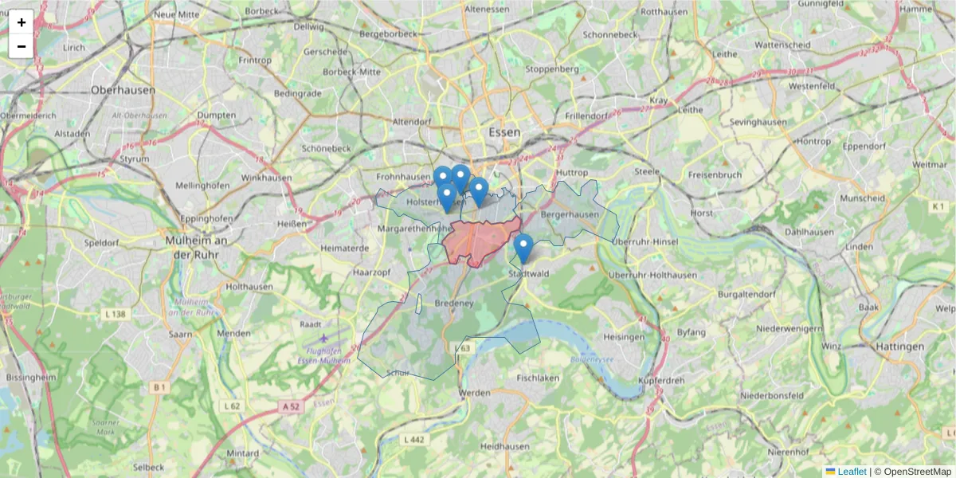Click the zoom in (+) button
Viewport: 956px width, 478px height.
(22, 22)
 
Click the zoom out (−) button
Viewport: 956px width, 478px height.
(22, 46)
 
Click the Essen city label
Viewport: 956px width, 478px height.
(504, 132)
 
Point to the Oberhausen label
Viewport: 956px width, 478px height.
(123, 90)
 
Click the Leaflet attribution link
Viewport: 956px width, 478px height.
(852, 472)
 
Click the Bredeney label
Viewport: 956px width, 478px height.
(455, 304)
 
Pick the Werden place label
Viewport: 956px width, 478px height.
(475, 393)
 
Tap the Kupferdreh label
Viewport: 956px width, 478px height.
(660, 380)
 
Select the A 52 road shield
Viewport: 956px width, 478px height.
(292, 406)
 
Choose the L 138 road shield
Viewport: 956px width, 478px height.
(116, 315)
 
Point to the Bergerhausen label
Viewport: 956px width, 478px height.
(569, 215)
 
